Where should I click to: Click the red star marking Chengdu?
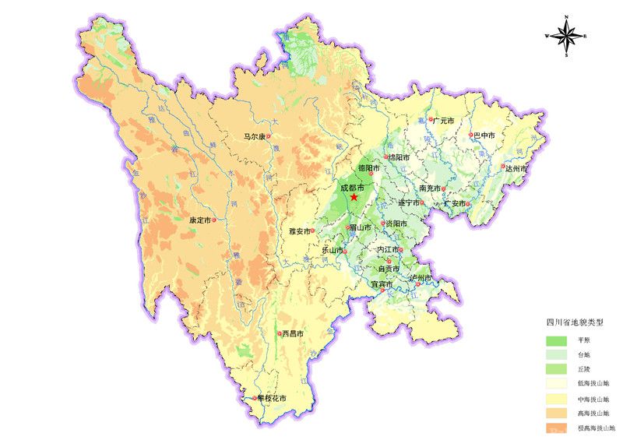pos(354,198)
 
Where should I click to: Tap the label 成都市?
pos(352,187)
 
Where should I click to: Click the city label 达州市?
pos(516,168)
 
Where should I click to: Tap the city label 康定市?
pos(199,220)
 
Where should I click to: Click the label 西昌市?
pos(292,334)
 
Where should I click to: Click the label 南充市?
pos(431,188)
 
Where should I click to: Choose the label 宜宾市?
pos(382,283)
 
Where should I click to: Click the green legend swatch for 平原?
pos(557,341)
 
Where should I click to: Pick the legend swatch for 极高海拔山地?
pos(557,428)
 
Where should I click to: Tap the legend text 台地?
pos(584,355)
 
